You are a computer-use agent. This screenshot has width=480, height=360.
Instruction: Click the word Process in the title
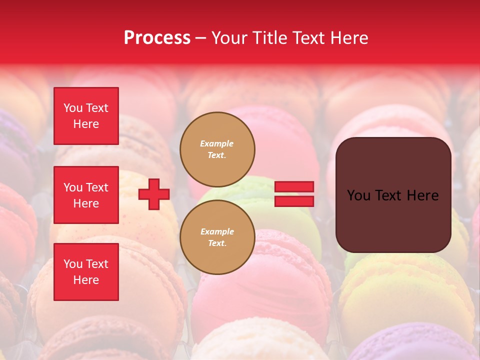pos(157,38)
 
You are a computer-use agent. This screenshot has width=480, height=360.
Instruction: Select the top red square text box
pos(86,116)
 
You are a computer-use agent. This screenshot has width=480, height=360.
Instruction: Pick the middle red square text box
pos(86,195)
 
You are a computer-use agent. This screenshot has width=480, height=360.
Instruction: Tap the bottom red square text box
pos(86,272)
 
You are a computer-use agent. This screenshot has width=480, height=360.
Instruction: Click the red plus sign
pos(154,194)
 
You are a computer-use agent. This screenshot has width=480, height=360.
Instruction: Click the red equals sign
pos(294,194)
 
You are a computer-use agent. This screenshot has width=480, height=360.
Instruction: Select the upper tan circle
pos(217,149)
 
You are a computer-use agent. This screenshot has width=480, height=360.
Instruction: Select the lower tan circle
pos(217,237)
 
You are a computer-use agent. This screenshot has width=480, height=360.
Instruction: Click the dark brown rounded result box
pos(393,195)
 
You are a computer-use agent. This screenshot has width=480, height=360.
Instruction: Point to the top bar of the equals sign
pos(294,187)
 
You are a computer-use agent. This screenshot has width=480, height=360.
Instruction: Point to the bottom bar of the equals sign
pos(294,201)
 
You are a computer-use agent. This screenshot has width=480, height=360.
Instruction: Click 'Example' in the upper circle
pos(217,144)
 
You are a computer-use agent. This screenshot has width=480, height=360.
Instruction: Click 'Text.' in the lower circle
pos(217,243)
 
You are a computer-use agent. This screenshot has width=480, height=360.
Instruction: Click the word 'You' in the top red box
pos(73,108)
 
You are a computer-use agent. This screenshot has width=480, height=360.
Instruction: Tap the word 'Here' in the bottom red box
pos(86,280)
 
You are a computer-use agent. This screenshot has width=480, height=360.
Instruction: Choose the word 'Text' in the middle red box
pos(97,187)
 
